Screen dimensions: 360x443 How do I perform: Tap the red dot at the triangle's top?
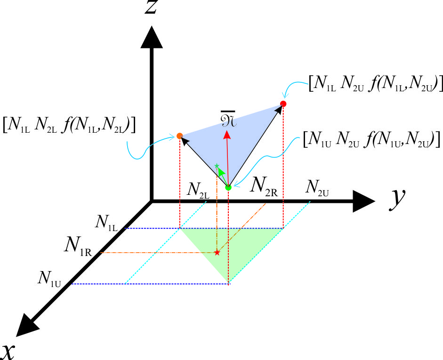tap(283, 104)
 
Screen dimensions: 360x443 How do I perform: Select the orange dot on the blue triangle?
tap(179, 136)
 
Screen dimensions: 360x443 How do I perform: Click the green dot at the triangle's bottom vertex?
tap(228, 188)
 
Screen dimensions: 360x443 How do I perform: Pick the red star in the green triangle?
tap(217, 253)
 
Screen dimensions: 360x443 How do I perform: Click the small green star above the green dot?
tap(217, 166)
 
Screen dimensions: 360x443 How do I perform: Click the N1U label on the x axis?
tap(50, 278)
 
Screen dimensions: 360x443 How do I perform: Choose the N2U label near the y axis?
tap(317, 187)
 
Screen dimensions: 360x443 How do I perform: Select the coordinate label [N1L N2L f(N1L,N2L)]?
tap(69, 125)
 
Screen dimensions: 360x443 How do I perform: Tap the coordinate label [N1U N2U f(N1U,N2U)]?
tap(371, 139)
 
